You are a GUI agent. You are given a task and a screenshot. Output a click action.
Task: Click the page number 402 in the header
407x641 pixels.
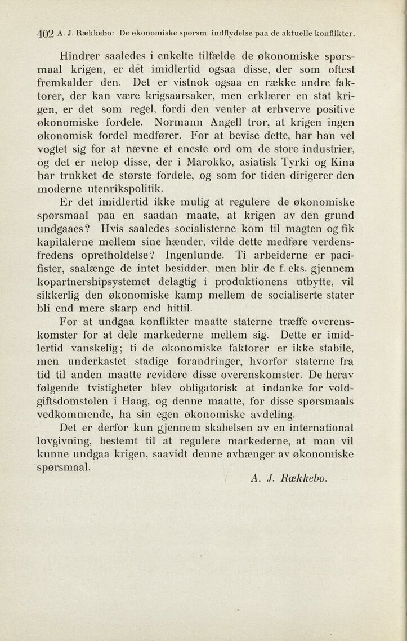(x=45, y=33)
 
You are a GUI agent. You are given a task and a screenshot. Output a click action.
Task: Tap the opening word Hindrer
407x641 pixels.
(x=83, y=56)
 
